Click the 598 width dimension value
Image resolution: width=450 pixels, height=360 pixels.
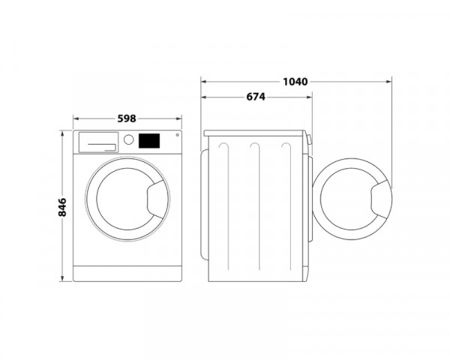coord(127,117)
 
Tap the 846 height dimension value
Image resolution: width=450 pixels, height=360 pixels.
coord(62,205)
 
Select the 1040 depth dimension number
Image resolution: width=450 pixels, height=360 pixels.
coord(295,80)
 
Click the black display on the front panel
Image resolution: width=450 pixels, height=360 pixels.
coord(148,140)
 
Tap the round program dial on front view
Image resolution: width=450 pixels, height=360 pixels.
coord(128,139)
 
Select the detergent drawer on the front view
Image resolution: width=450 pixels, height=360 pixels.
coord(98,140)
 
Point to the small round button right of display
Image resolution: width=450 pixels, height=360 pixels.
coord(176,136)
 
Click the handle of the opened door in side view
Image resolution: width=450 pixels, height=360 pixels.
coord(380,200)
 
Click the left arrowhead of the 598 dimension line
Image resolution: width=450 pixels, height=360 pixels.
coord(75,118)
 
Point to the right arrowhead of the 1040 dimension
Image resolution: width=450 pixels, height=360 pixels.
coord(390,80)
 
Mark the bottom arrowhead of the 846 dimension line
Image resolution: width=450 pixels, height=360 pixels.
coord(62,279)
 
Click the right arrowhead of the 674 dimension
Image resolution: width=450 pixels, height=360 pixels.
coord(310,97)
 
